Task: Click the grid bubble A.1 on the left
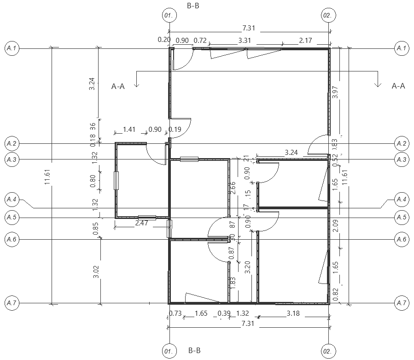pyautogui.click(x=12, y=48)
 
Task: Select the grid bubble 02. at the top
pyautogui.click(x=327, y=15)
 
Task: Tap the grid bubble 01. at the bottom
pyautogui.click(x=169, y=352)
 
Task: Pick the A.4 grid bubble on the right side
pyautogui.click(x=402, y=200)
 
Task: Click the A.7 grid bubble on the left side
pyautogui.click(x=12, y=303)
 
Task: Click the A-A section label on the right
pyautogui.click(x=398, y=86)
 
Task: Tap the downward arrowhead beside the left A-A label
pyautogui.click(x=136, y=84)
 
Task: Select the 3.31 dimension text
pyautogui.click(x=245, y=41)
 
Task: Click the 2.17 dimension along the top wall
pyautogui.click(x=305, y=41)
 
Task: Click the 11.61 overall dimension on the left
pyautogui.click(x=47, y=177)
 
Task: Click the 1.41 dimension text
pyautogui.click(x=129, y=130)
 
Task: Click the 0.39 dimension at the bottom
pyautogui.click(x=224, y=313)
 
